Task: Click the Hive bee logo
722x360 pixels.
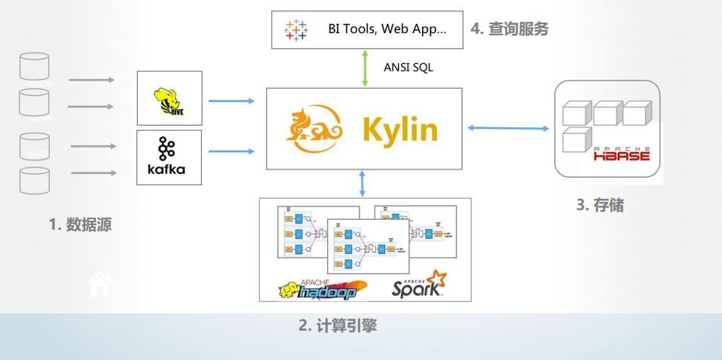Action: click(x=170, y=98)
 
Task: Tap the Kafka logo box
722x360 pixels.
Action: click(x=170, y=157)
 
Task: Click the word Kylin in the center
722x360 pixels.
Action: click(x=399, y=130)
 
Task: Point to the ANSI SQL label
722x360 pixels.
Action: click(x=408, y=67)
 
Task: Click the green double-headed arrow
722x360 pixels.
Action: click(x=365, y=67)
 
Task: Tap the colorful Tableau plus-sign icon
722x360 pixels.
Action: click(x=296, y=30)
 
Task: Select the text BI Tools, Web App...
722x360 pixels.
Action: click(x=387, y=29)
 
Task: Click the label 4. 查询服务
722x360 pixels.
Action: click(x=509, y=29)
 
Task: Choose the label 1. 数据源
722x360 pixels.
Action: click(x=81, y=224)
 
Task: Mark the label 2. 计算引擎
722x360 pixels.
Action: click(x=338, y=326)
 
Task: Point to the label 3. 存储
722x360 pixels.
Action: click(x=600, y=205)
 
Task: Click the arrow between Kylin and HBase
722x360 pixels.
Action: click(x=508, y=129)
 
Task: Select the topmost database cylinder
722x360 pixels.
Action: click(x=34, y=66)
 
